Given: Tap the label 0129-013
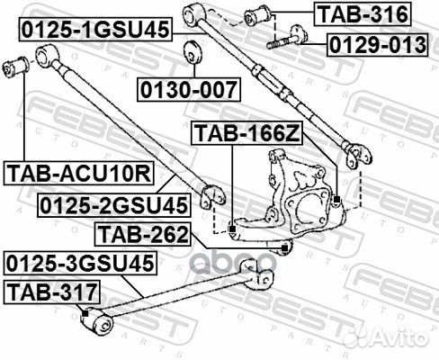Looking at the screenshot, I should [x=376, y=43].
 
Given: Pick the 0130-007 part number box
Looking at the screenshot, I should [x=190, y=89].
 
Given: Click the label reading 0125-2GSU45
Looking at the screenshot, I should [x=113, y=206].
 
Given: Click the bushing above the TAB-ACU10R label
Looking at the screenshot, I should [x=17, y=67].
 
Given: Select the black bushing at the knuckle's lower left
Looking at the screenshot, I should [x=232, y=229].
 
